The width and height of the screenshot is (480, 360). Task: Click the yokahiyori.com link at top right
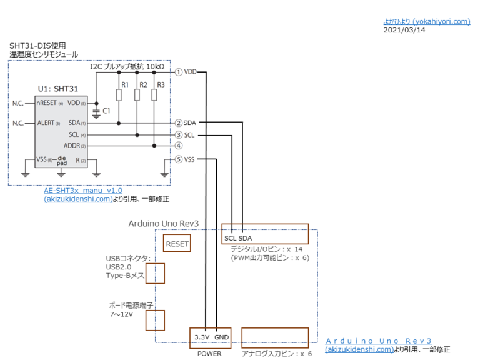(x=426, y=21)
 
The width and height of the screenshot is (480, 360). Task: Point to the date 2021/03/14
(x=404, y=29)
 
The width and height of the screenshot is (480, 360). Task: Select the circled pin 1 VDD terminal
(x=179, y=72)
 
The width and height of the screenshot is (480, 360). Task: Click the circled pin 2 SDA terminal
(x=179, y=122)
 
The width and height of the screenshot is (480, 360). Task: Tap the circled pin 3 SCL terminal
(x=179, y=134)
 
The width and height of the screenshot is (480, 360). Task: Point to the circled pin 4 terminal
(x=179, y=146)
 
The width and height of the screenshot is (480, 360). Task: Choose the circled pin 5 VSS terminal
(x=179, y=159)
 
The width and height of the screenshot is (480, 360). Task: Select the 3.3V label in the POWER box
(x=201, y=337)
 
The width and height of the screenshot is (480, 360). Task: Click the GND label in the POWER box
(x=222, y=337)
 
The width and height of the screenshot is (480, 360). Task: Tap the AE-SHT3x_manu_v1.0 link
(x=83, y=191)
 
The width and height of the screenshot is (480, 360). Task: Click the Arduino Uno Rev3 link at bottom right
(x=379, y=341)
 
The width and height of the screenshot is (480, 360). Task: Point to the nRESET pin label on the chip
(x=47, y=102)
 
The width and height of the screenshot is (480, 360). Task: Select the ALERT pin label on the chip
(x=46, y=123)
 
